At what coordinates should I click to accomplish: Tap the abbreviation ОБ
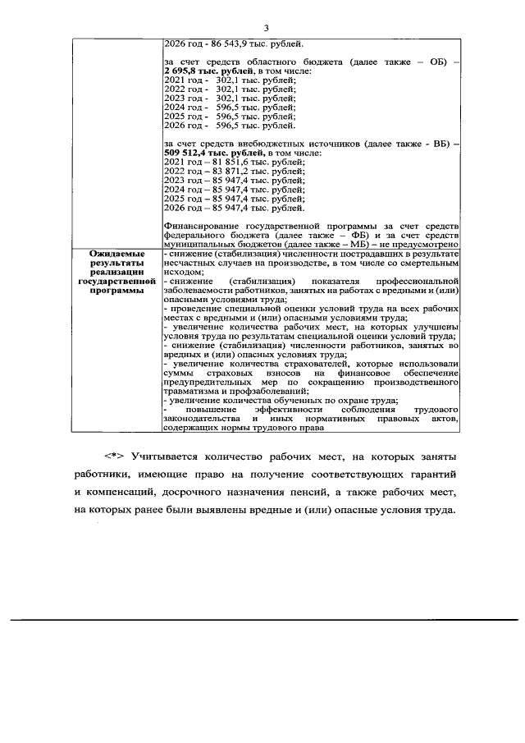(x=433, y=62)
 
